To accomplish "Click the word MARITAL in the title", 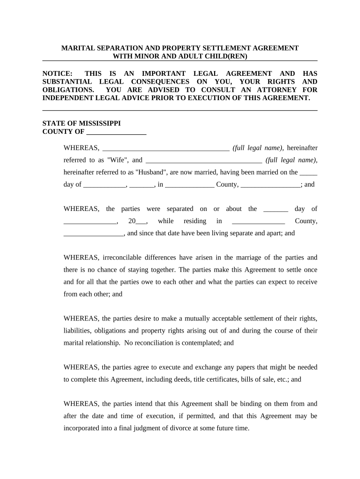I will coord(79,48).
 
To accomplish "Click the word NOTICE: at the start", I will coord(58,73).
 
